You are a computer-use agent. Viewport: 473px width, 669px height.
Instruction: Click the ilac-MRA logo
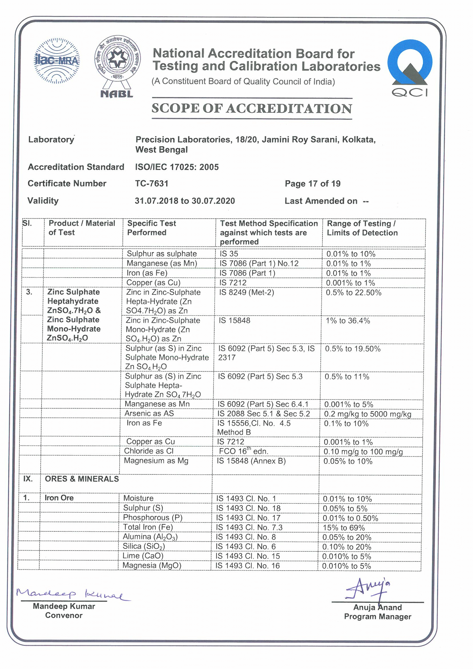[57, 61]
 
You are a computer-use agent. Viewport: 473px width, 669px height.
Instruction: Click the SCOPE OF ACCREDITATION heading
[252, 108]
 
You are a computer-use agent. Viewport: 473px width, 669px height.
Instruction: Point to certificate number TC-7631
[152, 184]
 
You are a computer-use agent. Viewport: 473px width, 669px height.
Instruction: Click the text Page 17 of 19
[312, 184]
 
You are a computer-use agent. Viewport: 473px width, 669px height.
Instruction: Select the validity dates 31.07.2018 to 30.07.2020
[185, 201]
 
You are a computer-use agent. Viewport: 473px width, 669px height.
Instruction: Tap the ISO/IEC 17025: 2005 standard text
[177, 167]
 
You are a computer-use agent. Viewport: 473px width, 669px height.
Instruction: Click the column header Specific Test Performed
[151, 228]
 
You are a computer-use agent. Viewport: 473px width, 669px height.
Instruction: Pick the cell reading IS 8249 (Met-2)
[246, 292]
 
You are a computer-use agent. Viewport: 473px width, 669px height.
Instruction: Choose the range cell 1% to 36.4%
[348, 321]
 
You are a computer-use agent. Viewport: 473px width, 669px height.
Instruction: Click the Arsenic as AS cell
[149, 413]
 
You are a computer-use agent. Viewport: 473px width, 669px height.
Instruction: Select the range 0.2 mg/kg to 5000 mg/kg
[367, 414]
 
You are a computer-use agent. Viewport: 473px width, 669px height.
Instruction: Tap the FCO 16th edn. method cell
[243, 451]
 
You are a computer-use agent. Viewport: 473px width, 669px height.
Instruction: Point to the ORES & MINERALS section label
[82, 479]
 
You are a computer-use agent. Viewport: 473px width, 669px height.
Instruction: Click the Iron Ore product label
[59, 498]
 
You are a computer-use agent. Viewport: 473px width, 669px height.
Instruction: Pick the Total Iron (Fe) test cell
[148, 527]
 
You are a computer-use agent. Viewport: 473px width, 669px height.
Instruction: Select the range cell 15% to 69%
[344, 528]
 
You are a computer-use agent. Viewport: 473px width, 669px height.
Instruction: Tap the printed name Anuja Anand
[377, 607]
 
